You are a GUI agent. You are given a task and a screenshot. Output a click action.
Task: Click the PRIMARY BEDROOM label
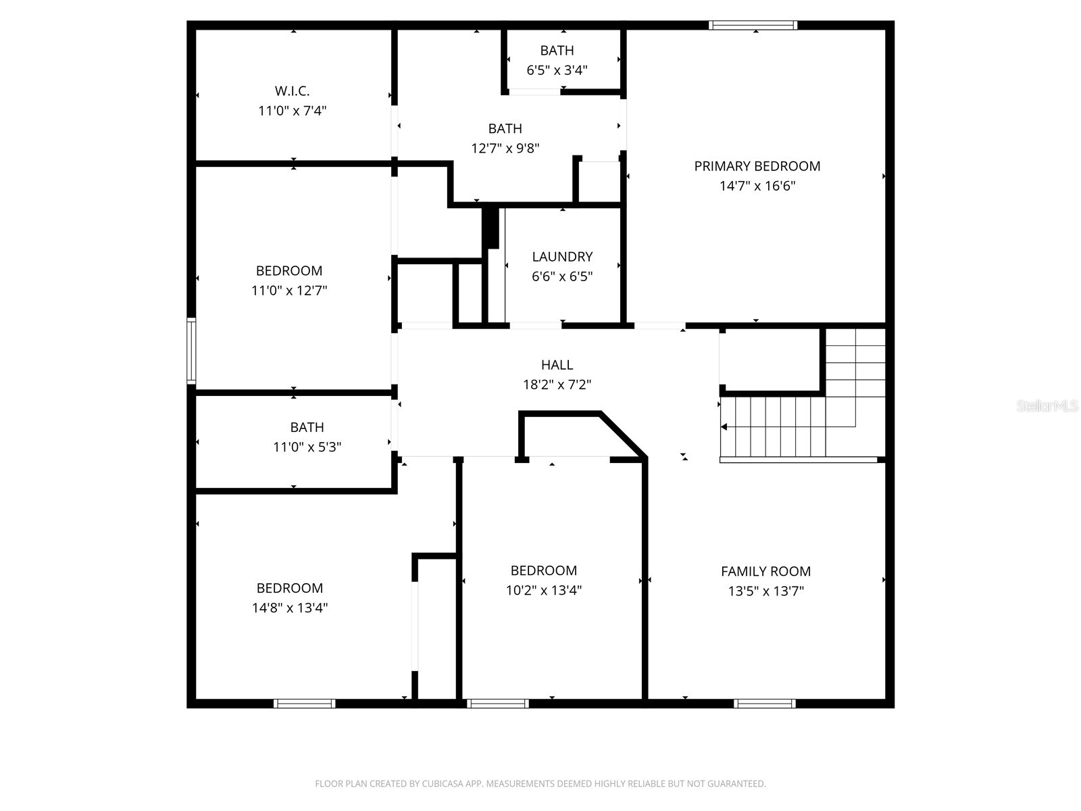[x=757, y=166]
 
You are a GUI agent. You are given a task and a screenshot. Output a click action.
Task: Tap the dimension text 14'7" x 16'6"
[x=757, y=186]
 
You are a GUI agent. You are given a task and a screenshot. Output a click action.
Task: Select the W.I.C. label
[x=292, y=91]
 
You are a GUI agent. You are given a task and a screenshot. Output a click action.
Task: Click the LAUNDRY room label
[x=562, y=257]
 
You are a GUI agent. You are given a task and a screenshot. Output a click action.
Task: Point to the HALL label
[x=557, y=365]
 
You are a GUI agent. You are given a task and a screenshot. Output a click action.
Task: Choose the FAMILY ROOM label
[x=765, y=571]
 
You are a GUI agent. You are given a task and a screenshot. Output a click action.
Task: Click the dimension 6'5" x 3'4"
[x=557, y=70]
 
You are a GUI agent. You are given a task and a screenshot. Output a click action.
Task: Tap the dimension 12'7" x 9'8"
[x=505, y=148]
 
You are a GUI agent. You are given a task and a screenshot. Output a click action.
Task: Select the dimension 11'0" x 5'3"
[x=307, y=447]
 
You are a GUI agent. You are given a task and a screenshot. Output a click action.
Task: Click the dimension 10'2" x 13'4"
[x=543, y=590]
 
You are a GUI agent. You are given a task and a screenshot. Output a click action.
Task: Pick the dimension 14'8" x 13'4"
[x=290, y=608]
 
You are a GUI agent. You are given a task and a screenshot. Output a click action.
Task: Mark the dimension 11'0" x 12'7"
[x=289, y=291]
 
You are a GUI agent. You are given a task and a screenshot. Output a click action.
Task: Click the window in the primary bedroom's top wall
[x=753, y=26]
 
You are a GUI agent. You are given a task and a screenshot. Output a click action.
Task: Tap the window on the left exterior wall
[x=191, y=351]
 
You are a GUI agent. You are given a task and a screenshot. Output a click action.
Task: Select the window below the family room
[x=764, y=704]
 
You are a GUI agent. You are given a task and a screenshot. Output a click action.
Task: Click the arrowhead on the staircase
[x=724, y=427]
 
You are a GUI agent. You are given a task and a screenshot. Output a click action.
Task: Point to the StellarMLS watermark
[x=1047, y=406]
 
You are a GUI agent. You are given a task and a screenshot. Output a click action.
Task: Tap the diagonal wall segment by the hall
[x=623, y=434]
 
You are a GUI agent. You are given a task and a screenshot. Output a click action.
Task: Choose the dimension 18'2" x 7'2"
[x=557, y=385]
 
